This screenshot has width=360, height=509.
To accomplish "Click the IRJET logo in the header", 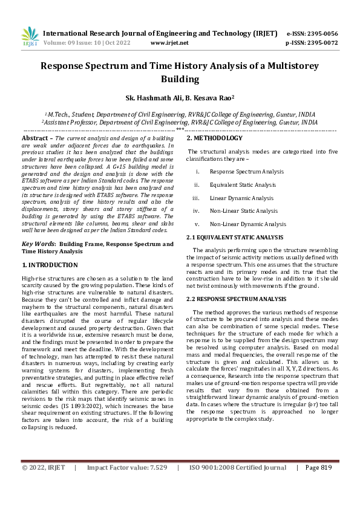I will (x=29, y=37).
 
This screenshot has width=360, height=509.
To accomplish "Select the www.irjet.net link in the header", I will (x=169, y=43).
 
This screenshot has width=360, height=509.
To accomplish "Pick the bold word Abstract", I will (x=34, y=138).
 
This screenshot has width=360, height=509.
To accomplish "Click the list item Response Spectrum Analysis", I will (x=247, y=172).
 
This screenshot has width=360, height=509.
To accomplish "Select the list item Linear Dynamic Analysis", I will (x=241, y=198).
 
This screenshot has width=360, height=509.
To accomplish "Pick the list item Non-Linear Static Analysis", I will (x=244, y=211).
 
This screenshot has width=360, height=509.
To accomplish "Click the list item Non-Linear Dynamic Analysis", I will (x=247, y=224).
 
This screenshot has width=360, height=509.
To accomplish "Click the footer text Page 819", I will (x=319, y=484).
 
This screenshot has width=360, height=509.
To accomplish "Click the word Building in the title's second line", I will (x=180, y=79).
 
